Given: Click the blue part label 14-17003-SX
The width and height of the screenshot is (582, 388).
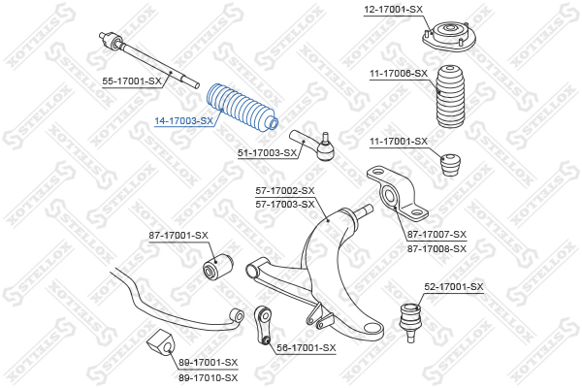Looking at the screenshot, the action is click(183, 121).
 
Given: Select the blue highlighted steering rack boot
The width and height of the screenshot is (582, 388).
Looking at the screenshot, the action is click(242, 108).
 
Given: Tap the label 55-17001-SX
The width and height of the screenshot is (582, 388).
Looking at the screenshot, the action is click(132, 81).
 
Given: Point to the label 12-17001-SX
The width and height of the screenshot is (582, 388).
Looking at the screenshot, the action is click(393, 9).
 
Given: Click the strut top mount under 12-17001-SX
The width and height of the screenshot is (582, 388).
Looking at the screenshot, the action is click(448, 37).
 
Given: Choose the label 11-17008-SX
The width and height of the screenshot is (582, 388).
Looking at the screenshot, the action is click(399, 74).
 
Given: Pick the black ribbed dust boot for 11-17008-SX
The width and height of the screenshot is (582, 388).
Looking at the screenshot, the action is click(451, 97).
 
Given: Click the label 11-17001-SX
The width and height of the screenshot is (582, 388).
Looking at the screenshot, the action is click(399, 142).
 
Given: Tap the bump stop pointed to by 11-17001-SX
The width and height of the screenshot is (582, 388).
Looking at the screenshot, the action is click(451, 165).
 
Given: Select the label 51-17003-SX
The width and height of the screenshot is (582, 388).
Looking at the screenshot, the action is click(268, 152).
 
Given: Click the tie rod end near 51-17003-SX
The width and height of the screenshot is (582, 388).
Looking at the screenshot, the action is click(313, 145).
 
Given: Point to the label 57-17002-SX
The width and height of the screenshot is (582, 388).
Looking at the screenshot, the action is click(285, 191).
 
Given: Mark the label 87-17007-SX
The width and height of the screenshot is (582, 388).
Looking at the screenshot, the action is click(436, 235).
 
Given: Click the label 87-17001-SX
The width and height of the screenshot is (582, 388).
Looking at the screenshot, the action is click(178, 236).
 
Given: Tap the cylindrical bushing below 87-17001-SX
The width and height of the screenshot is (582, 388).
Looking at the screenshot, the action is click(218, 266).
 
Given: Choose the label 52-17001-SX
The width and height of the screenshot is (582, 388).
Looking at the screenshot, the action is click(454, 287).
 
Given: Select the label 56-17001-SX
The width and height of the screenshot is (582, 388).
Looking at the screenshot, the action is click(307, 348).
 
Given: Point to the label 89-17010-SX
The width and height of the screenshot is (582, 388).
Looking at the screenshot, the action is click(209, 378).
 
